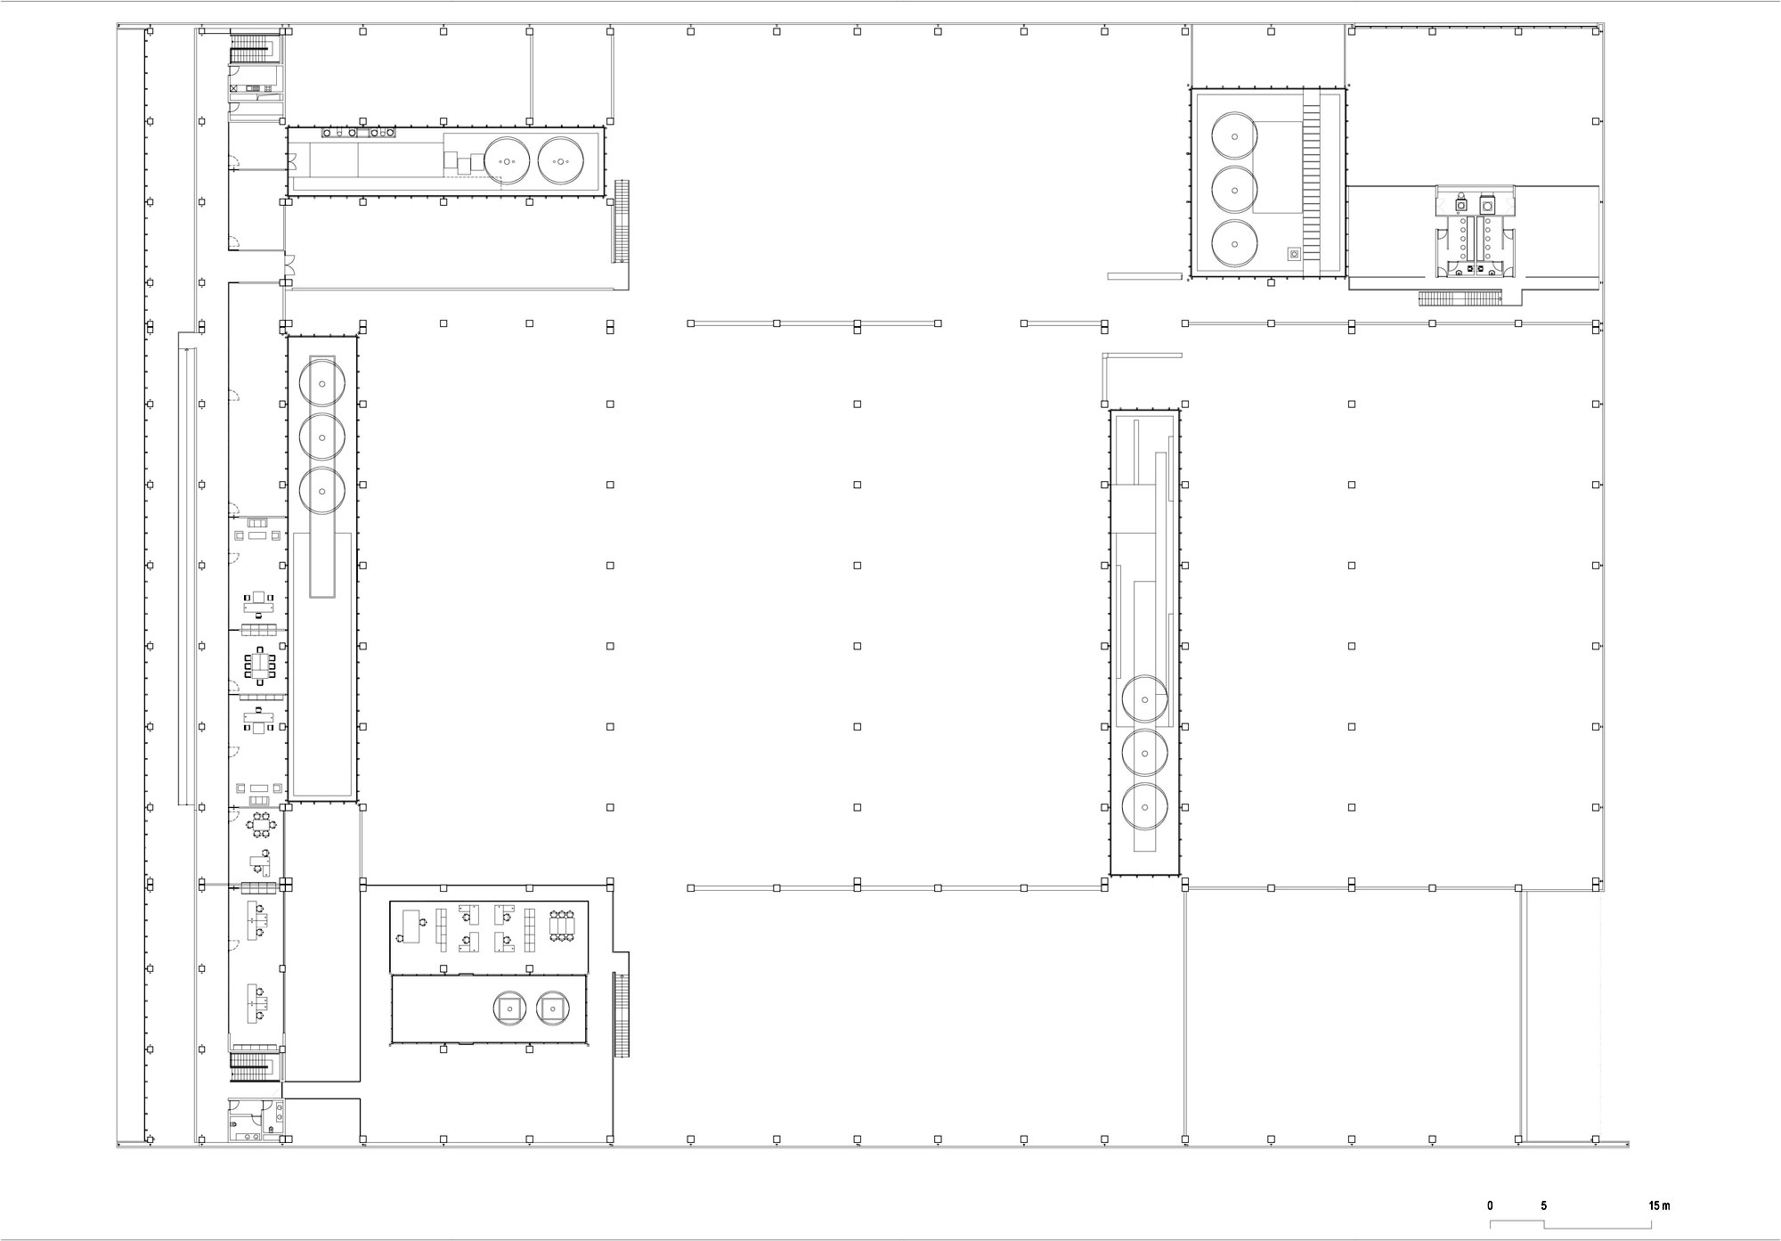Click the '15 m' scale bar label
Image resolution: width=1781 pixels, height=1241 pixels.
[1659, 1205]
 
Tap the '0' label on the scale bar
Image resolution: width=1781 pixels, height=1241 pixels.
[1491, 1205]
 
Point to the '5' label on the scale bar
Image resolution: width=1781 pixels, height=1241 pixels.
[1544, 1205]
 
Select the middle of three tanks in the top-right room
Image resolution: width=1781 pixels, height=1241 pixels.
[1234, 188]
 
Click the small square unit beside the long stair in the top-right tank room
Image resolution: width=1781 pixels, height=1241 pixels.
[1294, 254]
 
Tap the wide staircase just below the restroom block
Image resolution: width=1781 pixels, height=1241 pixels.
[1447, 298]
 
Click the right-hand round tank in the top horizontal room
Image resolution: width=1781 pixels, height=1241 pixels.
[560, 160]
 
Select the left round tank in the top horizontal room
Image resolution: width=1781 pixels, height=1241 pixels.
[507, 160]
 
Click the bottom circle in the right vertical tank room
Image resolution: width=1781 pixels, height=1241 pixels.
[1144, 807]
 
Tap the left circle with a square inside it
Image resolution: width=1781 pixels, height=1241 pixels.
[509, 1008]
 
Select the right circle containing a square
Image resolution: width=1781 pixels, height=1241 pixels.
[553, 1008]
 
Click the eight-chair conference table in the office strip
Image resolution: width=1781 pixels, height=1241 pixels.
[260, 663]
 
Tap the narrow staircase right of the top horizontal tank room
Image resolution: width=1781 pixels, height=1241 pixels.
[621, 221]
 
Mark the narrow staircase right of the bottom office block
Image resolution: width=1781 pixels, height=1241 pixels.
[621, 1015]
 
